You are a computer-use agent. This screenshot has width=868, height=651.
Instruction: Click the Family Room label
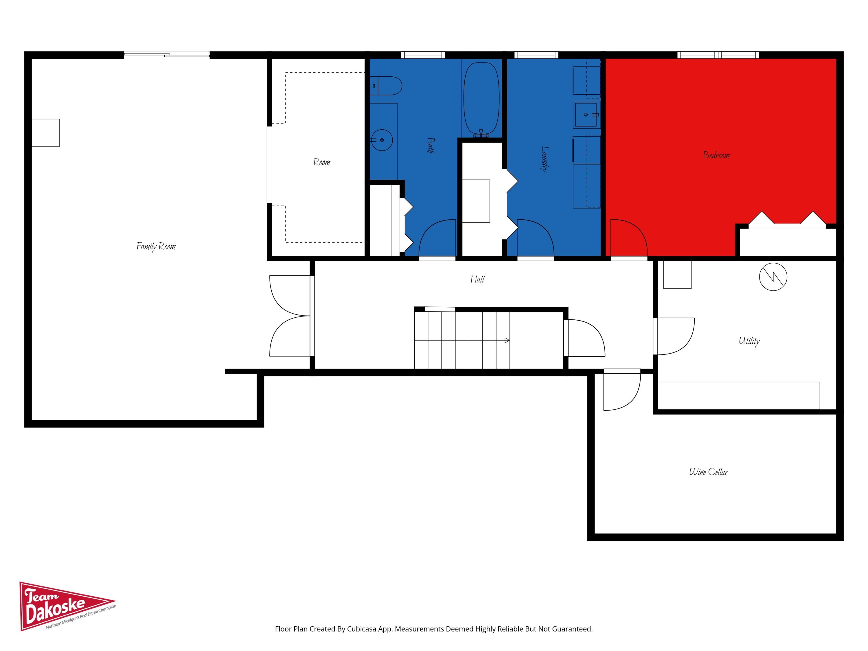point(156,247)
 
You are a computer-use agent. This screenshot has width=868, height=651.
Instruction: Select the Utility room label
point(749,341)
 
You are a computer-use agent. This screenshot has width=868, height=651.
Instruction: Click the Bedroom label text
point(716,155)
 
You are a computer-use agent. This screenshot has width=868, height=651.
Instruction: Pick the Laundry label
point(545,159)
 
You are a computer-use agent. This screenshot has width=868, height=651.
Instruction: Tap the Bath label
point(431,146)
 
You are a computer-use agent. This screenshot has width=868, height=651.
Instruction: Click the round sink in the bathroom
point(382,140)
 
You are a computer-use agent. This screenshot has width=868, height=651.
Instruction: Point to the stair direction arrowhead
point(507,340)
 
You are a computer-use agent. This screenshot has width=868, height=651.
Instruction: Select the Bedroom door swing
point(629,238)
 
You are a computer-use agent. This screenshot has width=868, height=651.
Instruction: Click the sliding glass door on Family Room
point(167,55)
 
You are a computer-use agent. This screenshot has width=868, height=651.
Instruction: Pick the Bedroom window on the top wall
point(718,55)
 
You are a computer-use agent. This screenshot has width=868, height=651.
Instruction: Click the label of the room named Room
point(322,162)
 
